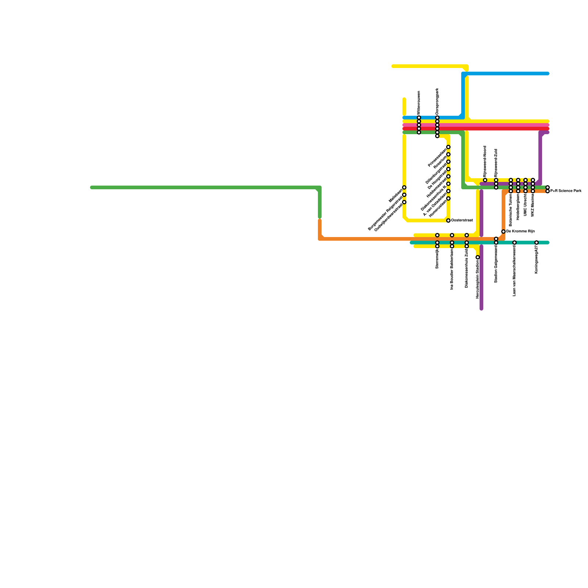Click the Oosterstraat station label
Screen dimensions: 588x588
tap(462, 220)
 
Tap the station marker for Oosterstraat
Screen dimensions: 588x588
tap(448, 220)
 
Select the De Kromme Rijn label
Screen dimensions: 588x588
tap(520, 232)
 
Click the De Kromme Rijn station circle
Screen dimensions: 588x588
tap(503, 232)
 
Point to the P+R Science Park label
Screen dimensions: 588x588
tap(566, 191)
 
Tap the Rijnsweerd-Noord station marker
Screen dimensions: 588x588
tap(485, 180)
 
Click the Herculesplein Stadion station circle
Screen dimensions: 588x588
tap(478, 257)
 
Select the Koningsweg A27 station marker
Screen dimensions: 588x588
tap(537, 243)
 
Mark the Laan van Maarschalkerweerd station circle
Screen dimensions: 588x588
tap(514, 243)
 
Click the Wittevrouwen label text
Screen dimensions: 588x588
tap(419, 103)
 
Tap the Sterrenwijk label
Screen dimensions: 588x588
tap(437, 259)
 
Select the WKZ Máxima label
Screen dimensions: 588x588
tap(533, 206)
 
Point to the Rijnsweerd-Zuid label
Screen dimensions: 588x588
tap(496, 163)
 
